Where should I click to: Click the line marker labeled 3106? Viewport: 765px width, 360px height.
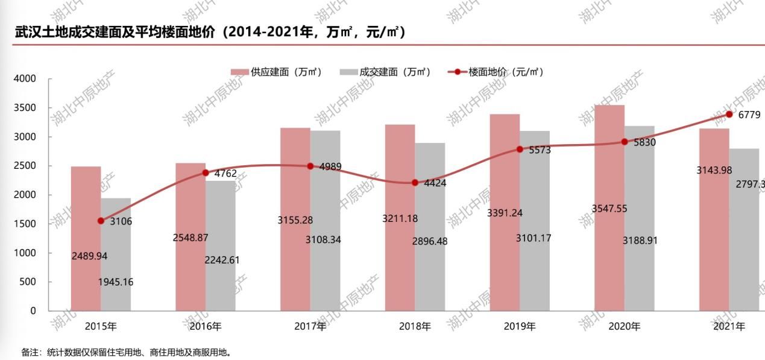pos(101,221)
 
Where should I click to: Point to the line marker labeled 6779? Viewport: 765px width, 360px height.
pos(729,114)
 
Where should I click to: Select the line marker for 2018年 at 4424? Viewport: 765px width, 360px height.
pos(415,183)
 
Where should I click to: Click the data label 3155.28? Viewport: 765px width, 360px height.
pos(295,221)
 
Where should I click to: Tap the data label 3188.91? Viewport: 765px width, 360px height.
pos(640,241)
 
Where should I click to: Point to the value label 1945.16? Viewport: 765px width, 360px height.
pos(116,282)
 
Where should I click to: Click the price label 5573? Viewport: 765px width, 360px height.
pos(540,150)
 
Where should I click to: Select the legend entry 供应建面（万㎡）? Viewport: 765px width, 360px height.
pos(277,72)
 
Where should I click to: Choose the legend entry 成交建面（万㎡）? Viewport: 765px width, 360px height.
pos(386,72)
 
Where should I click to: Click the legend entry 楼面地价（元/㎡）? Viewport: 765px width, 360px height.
pos(497,72)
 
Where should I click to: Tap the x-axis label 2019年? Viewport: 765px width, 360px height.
pos(520,327)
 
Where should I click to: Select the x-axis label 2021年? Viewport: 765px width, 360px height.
pos(729,327)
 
